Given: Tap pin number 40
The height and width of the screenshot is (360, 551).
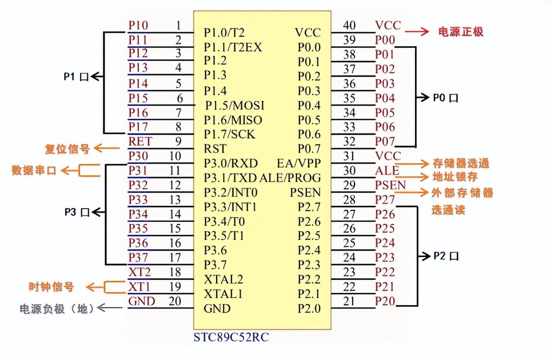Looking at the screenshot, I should pyautogui.click(x=349, y=25).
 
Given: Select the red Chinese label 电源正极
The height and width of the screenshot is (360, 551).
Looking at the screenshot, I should pyautogui.click(x=460, y=32).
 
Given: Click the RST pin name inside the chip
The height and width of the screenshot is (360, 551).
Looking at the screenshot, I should pyautogui.click(x=215, y=149).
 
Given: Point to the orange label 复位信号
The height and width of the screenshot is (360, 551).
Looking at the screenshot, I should pyautogui.click(x=68, y=149).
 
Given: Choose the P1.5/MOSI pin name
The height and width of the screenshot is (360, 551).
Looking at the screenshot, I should pyautogui.click(x=235, y=105).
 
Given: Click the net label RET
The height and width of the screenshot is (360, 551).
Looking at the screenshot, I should pyautogui.click(x=140, y=141).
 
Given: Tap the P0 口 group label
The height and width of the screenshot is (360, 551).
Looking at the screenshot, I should pyautogui.click(x=446, y=98).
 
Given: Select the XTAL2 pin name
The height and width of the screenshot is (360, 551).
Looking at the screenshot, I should pyautogui.click(x=224, y=279).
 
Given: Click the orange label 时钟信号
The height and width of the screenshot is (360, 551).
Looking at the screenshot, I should pyautogui.click(x=51, y=287).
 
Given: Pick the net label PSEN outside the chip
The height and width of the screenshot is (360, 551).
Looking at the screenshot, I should pyautogui.click(x=391, y=185).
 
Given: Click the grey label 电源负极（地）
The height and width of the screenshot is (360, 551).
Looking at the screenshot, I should pyautogui.click(x=57, y=309).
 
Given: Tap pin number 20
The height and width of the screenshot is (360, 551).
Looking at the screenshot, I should pyautogui.click(x=175, y=301).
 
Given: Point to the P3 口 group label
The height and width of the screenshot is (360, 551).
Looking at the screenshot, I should pyautogui.click(x=77, y=212).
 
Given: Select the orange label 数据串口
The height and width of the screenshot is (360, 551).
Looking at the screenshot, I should pyautogui.click(x=34, y=170).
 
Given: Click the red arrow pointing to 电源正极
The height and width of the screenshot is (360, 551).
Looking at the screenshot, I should pyautogui.click(x=418, y=31).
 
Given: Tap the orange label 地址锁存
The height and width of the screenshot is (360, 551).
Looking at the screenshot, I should pyautogui.click(x=455, y=177).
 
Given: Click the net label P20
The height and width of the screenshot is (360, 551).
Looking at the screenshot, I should pyautogui.click(x=385, y=301).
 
